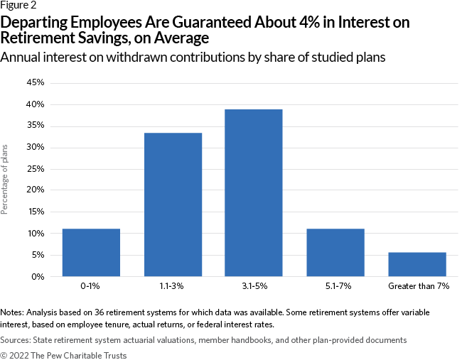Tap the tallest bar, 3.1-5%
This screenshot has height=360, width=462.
click(x=254, y=192)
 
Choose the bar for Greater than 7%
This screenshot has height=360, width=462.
click(x=417, y=264)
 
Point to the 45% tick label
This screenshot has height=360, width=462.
click(x=35, y=83)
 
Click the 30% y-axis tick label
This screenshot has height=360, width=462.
click(x=35, y=148)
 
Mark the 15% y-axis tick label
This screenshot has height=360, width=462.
click(x=35, y=212)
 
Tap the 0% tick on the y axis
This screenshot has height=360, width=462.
click(x=38, y=276)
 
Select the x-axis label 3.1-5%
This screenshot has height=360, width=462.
click(x=254, y=288)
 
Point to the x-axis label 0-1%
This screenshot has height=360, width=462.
click(x=91, y=288)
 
